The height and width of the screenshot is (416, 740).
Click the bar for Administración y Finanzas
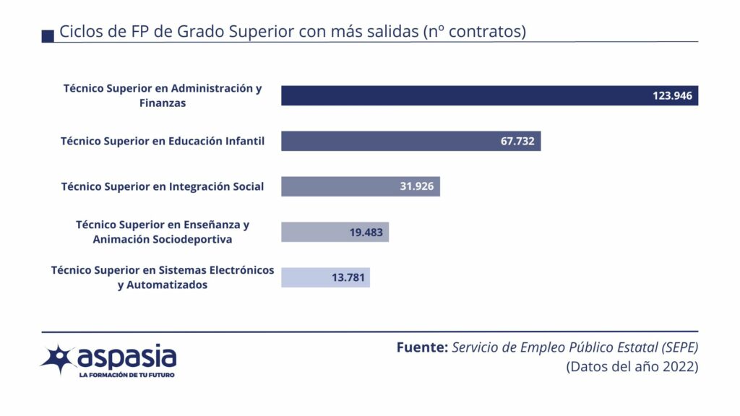click(x=462, y=95)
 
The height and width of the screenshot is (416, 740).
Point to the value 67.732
click(x=517, y=141)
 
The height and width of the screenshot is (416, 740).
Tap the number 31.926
click(x=416, y=186)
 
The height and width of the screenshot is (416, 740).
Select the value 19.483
click(x=366, y=232)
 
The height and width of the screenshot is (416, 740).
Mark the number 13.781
click(x=349, y=277)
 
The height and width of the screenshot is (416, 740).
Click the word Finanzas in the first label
click(x=163, y=103)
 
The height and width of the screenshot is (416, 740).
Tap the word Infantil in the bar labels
click(x=239, y=141)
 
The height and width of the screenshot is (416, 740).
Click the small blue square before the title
click(x=48, y=35)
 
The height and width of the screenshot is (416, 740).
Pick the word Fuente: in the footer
click(x=422, y=347)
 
